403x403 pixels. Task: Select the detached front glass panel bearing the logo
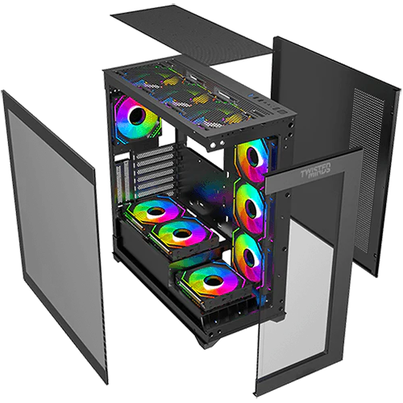[x=314, y=274]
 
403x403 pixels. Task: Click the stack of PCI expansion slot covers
[x=137, y=169]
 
